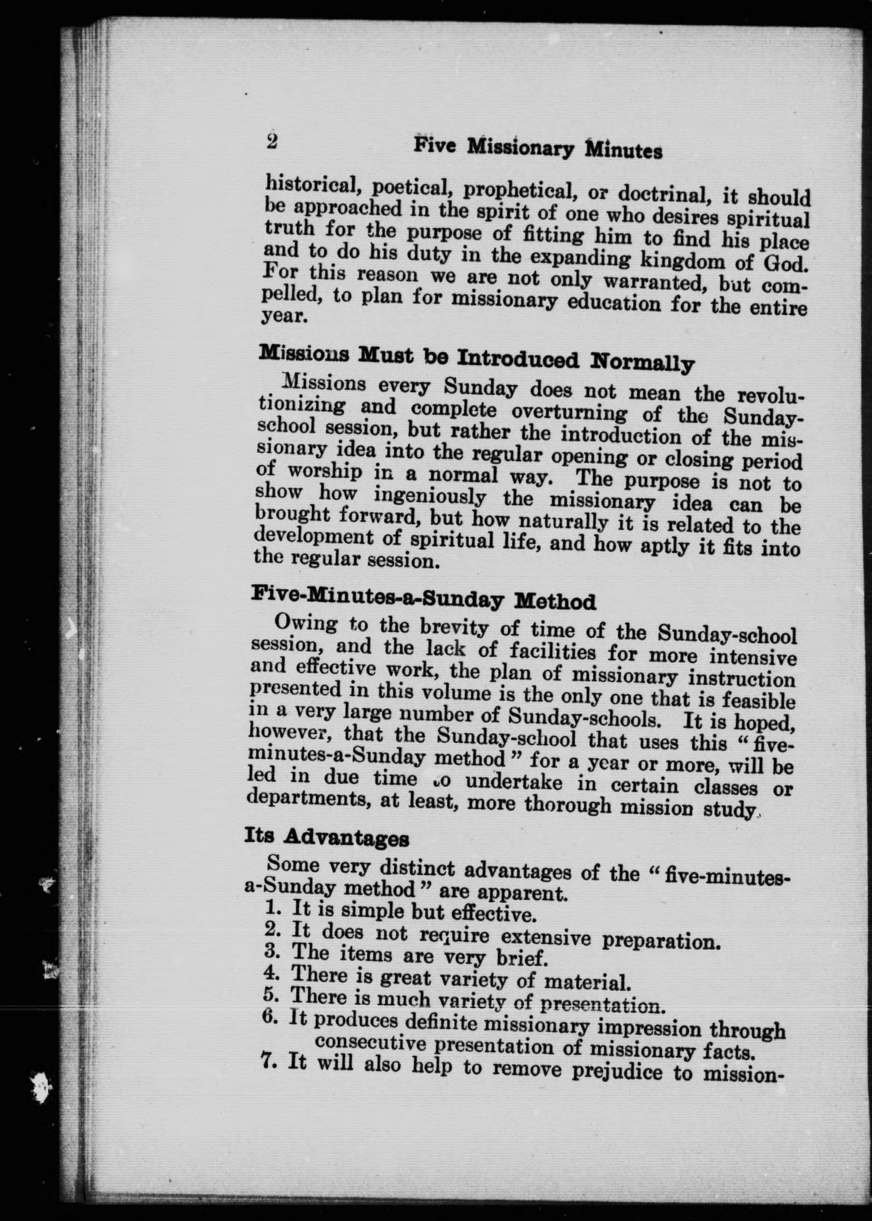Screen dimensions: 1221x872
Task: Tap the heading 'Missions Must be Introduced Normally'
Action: [x=476, y=358]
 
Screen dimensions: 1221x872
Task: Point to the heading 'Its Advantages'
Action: [x=326, y=837]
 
